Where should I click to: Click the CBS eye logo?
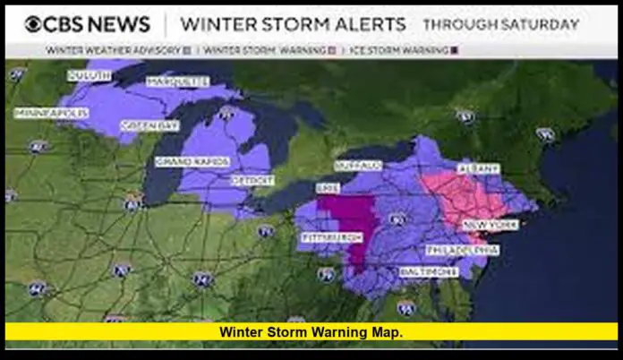34,24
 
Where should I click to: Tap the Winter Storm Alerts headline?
293,24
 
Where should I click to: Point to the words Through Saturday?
500,24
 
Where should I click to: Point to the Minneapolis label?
51,113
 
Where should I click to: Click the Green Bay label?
141,124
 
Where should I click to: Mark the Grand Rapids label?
192,161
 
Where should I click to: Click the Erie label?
328,187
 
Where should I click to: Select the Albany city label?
479,167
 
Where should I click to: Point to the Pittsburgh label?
332,237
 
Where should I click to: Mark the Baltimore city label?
422,270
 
